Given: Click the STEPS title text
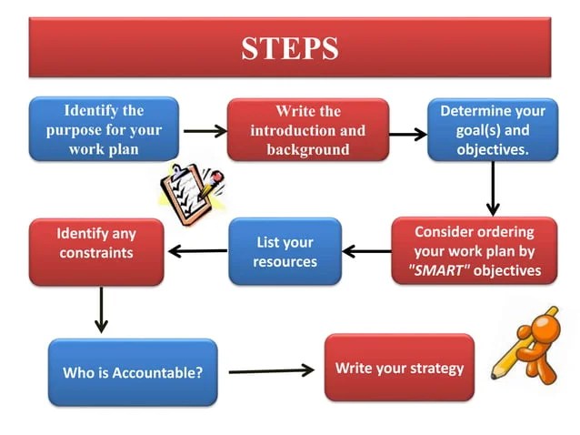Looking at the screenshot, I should [x=290, y=47].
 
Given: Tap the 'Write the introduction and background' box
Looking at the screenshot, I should [x=307, y=129].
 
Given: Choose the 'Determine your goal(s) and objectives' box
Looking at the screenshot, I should [x=492, y=129].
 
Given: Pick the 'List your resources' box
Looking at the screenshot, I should [x=285, y=251].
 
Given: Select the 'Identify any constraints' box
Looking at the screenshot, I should [x=96, y=251].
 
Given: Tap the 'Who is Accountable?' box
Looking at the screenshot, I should [x=133, y=372].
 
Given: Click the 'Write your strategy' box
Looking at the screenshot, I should [x=399, y=368].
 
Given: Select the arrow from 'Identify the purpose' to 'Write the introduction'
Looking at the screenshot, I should [x=205, y=132].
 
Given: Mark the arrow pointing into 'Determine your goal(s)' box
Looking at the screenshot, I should [x=408, y=135].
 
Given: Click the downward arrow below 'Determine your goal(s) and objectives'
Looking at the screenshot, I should [x=493, y=188].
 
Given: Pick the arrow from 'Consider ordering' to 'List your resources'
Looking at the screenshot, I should [x=366, y=251].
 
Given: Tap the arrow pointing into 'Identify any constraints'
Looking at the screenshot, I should [x=196, y=251].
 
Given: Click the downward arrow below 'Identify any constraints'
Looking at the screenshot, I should [x=101, y=310].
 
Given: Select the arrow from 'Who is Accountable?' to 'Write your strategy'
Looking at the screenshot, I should [x=271, y=370].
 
